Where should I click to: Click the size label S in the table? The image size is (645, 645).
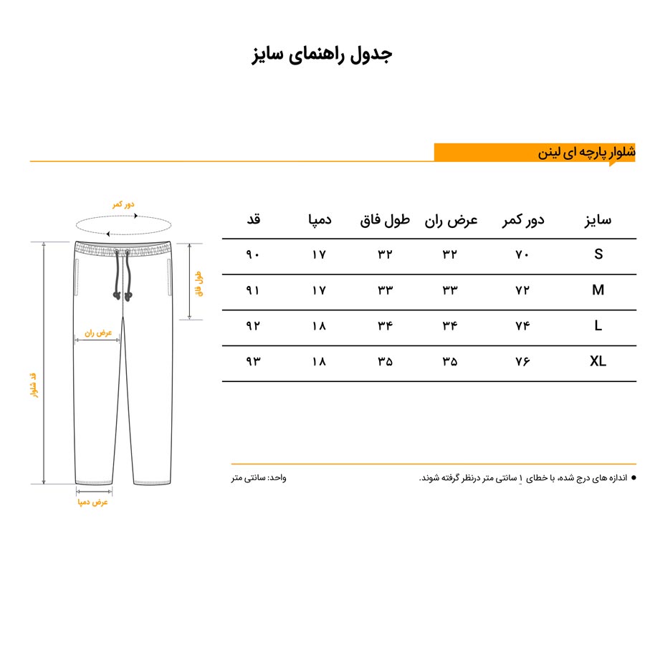tap(598, 254)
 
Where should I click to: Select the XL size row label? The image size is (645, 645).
tap(598, 362)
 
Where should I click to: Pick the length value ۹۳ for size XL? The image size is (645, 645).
tap(253, 362)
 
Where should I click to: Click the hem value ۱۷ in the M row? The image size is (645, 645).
tap(319, 290)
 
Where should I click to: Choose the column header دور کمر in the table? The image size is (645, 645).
tap(522, 220)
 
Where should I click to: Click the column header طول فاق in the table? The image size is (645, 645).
tap(385, 220)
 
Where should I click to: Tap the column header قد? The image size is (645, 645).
tap(253, 220)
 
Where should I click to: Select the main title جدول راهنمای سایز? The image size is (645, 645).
tap(322, 55)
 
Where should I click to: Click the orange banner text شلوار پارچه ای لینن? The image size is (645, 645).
tap(587, 153)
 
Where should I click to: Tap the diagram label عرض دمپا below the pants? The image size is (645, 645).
tap(93, 502)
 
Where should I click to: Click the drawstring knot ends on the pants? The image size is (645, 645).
tap(122, 295)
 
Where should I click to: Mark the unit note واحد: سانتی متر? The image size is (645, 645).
tap(259, 477)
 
